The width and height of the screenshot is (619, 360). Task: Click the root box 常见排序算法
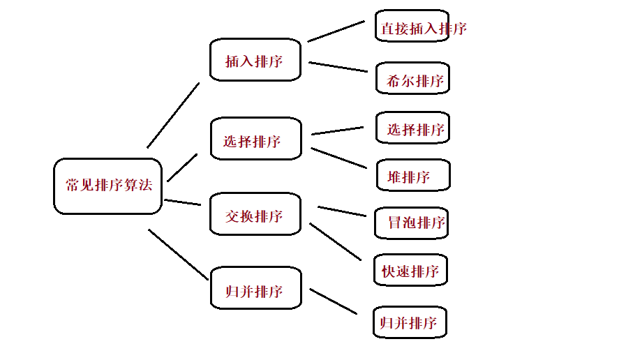point(108,186)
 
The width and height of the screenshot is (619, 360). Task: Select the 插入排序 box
point(255,60)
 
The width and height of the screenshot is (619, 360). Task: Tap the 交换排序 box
point(255,215)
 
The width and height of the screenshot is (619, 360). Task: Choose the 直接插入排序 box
point(412,28)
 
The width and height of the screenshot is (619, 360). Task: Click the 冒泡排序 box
point(412,223)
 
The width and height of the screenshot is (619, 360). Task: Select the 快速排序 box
point(410,270)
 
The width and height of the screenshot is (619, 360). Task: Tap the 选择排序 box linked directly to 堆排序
point(255,140)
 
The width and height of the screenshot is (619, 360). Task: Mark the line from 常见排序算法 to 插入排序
point(173,115)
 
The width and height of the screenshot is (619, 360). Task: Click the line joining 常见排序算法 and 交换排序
point(183,202)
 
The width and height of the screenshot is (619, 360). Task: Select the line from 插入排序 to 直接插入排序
point(336,31)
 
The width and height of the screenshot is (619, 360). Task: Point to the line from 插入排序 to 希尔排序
point(338,67)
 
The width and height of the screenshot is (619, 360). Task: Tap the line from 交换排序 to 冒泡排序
point(342,211)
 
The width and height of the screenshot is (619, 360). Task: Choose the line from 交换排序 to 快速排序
point(336,242)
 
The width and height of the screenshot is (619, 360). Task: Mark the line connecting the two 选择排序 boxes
point(338,130)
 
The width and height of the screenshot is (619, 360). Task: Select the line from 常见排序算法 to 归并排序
point(179,255)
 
